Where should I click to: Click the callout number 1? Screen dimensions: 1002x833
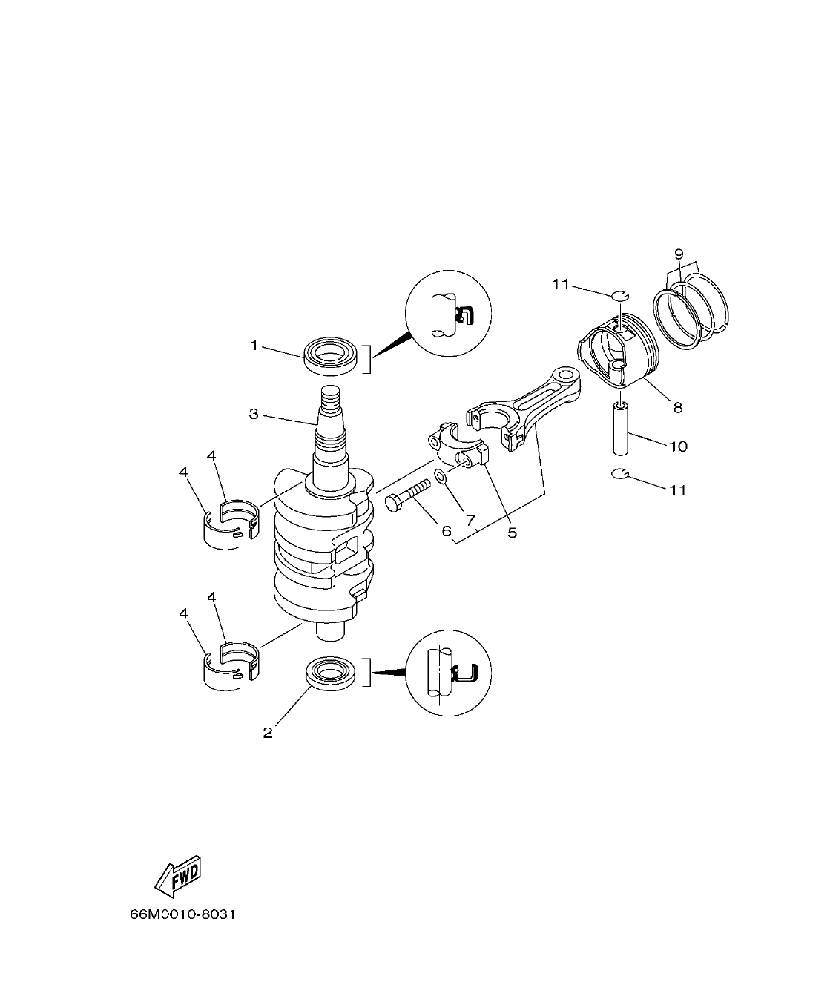click(254, 345)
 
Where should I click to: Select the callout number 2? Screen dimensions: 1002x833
click(268, 733)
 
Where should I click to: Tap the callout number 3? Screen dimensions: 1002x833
click(254, 413)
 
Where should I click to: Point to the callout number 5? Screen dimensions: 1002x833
click(512, 532)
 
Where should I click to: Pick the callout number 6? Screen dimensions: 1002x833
click(446, 531)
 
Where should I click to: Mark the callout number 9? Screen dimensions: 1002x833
click(678, 254)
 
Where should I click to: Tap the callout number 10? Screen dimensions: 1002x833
click(678, 446)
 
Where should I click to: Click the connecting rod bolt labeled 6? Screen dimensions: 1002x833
click(407, 495)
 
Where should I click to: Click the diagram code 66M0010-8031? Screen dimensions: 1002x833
click(182, 914)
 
